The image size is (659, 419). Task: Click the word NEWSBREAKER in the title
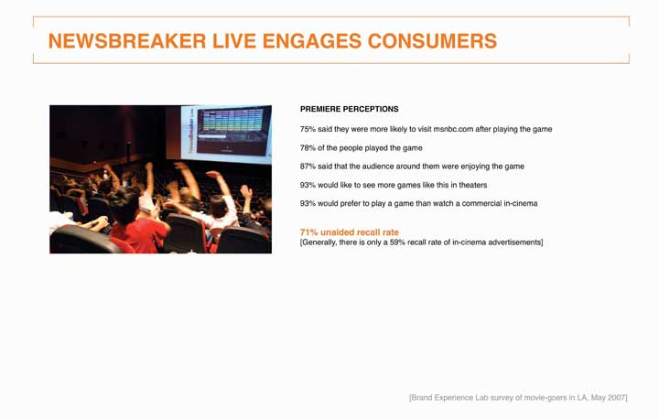point(127,41)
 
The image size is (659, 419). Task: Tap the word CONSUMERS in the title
point(432,41)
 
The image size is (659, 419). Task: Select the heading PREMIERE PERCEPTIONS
point(350,109)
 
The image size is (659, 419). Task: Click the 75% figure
point(308,129)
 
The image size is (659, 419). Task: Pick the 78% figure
point(308,148)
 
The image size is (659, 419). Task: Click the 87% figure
point(308,167)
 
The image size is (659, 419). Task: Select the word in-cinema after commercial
point(521,203)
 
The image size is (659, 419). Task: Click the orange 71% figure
point(309,232)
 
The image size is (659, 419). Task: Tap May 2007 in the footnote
point(609,398)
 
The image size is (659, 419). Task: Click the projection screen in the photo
point(227,134)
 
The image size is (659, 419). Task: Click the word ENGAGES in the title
point(312,41)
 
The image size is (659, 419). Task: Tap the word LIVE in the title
point(234,41)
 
